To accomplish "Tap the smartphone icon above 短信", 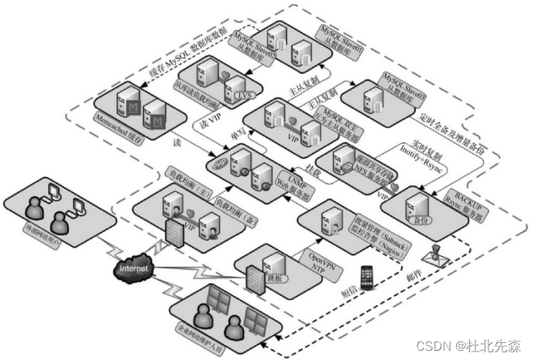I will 368,275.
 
